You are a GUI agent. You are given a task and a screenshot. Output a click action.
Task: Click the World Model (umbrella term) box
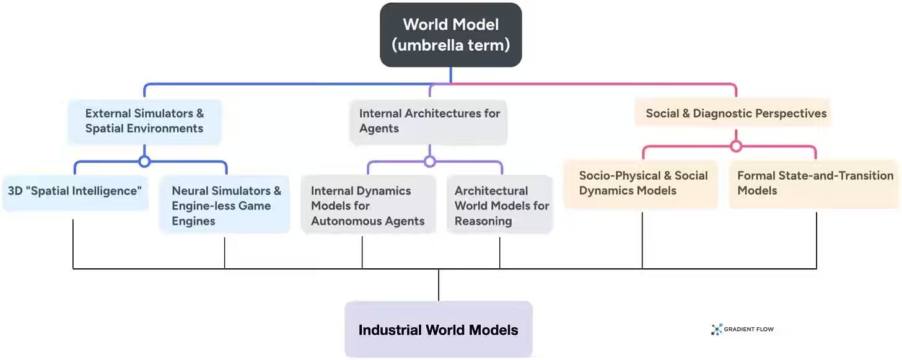coord(450,35)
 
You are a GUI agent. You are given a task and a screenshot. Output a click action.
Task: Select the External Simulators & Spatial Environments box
coord(144,121)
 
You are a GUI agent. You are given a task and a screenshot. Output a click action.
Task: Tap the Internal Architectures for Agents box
coord(429,121)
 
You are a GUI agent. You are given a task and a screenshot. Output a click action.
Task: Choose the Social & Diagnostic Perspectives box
coord(735,113)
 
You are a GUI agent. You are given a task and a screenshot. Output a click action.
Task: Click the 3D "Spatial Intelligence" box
coord(74,191)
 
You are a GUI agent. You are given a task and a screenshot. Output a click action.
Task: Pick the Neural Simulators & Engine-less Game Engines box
coord(225,206)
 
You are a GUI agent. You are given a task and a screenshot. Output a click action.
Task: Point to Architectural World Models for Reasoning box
coord(500,206)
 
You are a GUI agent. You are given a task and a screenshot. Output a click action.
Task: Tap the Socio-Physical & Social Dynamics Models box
coord(642,183)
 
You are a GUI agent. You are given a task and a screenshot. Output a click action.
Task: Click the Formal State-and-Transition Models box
coord(814,183)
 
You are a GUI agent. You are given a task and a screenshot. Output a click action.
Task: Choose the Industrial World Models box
coord(438,330)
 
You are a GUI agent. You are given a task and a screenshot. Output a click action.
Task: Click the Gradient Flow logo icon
coord(717,330)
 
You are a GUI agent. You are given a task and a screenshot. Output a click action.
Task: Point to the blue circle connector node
coord(144,162)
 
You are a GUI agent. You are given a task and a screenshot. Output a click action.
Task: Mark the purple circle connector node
coord(429,162)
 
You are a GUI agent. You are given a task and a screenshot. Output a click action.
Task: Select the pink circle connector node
coord(736,146)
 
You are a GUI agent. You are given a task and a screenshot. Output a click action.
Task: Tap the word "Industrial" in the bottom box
coord(389,330)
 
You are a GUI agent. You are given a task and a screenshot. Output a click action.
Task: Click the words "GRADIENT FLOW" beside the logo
coord(749,330)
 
